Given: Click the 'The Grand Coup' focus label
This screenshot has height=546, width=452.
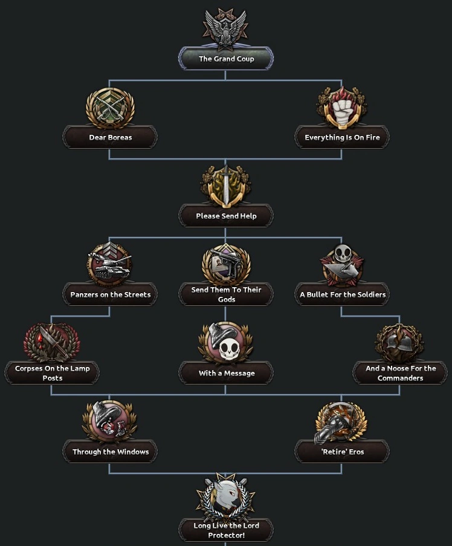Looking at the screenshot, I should [x=226, y=59].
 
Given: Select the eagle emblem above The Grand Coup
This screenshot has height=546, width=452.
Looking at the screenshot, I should [x=225, y=28].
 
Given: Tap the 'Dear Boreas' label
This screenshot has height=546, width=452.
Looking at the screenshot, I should [x=110, y=137].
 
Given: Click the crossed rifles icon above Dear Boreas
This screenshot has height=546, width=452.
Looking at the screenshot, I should [x=110, y=108].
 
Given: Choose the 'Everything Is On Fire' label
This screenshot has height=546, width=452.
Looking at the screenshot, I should [x=342, y=137].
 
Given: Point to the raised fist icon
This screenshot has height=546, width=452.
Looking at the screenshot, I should [x=342, y=108].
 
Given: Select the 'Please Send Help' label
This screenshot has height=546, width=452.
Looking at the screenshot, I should [x=226, y=216].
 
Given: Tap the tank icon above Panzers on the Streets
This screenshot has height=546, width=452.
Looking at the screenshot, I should [x=109, y=264].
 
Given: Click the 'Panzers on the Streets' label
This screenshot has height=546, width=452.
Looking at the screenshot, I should [x=110, y=294].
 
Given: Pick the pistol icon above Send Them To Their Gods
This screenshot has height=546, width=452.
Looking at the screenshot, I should [x=226, y=264].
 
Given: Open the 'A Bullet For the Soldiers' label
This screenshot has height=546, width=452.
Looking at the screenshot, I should [x=342, y=294].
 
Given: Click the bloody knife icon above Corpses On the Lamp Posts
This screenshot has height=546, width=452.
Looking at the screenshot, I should [x=51, y=342].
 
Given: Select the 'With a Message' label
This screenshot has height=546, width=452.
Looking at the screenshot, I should [x=226, y=373].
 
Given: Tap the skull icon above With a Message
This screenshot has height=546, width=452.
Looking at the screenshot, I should [x=226, y=343].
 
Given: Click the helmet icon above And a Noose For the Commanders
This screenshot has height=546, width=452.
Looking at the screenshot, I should [x=400, y=343].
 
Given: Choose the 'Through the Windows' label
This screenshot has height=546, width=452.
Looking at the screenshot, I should [x=110, y=452].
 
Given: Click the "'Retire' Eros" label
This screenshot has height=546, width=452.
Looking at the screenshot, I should [x=342, y=452].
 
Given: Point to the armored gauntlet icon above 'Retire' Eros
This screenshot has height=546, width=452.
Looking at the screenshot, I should [x=341, y=422].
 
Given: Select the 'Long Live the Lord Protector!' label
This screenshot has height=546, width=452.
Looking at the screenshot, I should [x=226, y=530].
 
